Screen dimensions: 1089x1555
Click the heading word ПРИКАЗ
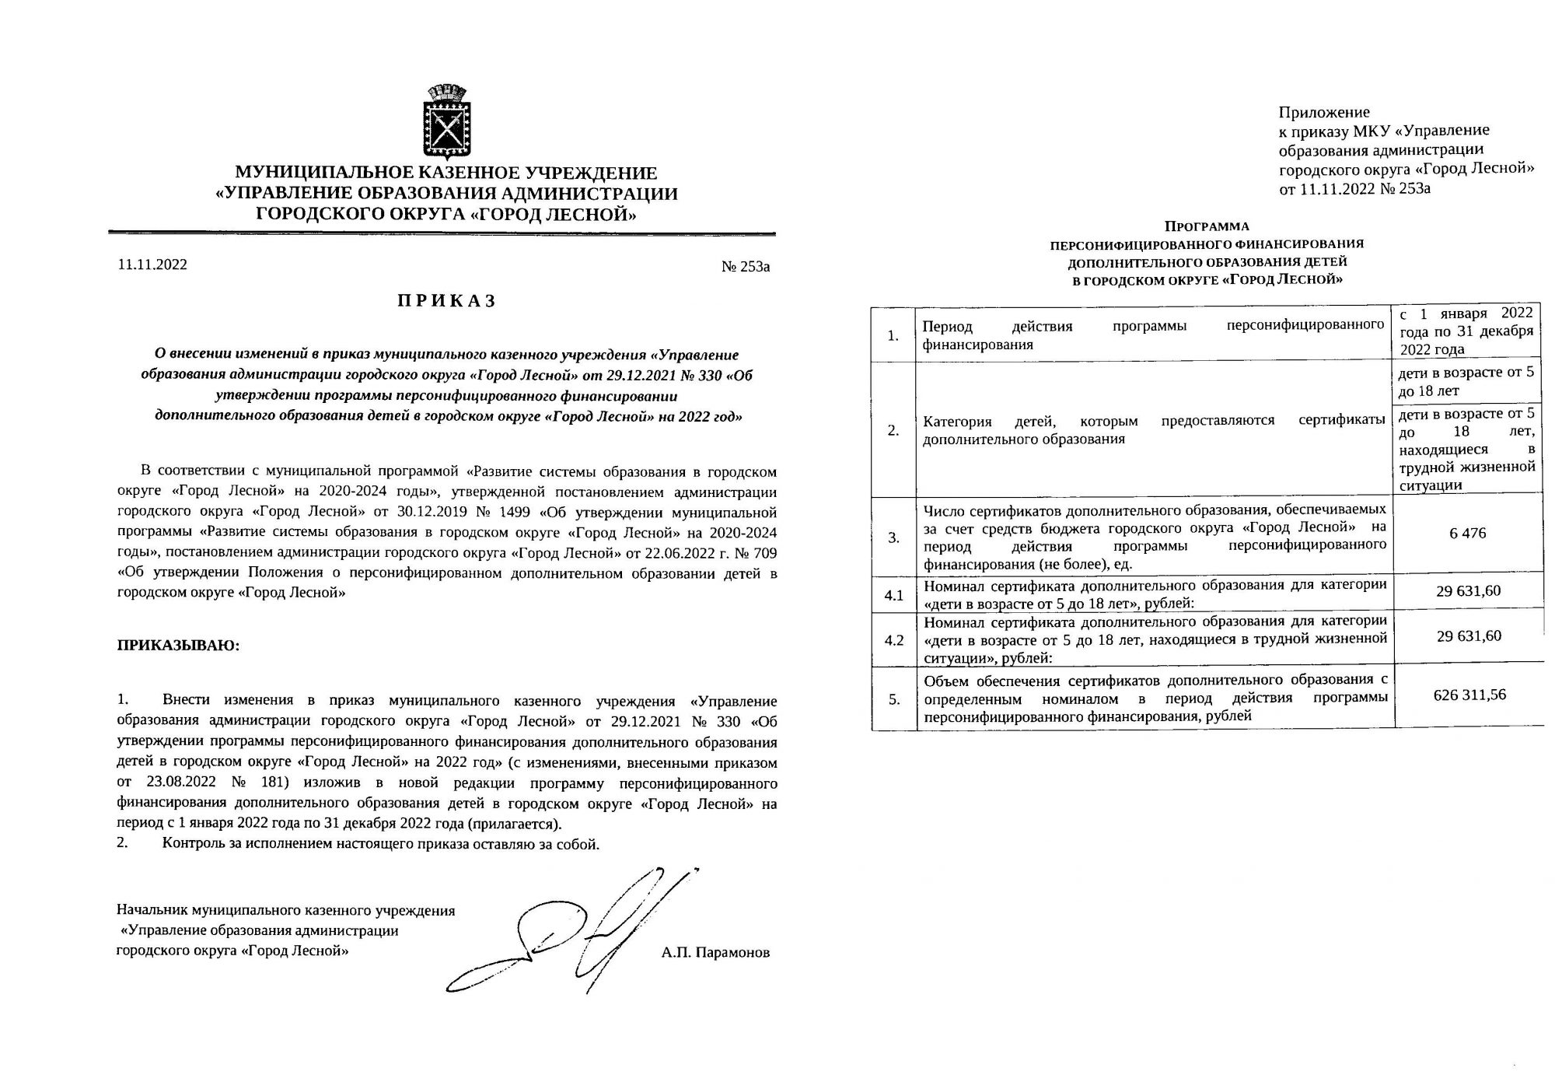pos(446,302)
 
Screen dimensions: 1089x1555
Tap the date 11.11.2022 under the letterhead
pos(152,265)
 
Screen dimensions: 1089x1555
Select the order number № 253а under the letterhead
pos(746,267)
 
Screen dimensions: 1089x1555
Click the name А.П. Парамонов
pos(716,952)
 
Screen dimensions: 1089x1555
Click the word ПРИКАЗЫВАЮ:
pos(179,646)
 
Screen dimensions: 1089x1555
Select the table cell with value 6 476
pos(1467,534)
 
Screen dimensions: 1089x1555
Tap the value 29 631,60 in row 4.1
pos(1469,591)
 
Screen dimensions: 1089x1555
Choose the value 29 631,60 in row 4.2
pos(1469,636)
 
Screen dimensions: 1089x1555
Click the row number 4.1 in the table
pos(894,596)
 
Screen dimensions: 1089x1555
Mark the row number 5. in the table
pos(894,699)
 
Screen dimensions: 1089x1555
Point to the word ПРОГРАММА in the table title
pos(1207,227)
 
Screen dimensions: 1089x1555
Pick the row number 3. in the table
pos(894,537)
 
